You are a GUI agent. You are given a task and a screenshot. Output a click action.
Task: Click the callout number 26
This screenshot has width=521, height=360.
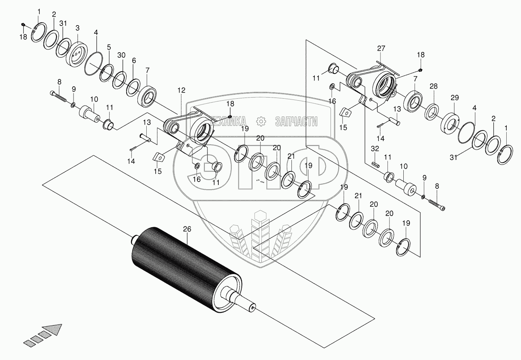click(187, 229)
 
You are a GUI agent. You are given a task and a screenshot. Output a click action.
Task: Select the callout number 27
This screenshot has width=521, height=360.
click(381, 48)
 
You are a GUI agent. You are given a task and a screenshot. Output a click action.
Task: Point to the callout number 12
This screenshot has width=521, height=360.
click(182, 90)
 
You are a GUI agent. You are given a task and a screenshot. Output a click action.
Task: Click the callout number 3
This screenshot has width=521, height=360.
click(77, 28)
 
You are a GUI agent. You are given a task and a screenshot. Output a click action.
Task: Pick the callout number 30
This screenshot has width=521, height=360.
click(122, 55)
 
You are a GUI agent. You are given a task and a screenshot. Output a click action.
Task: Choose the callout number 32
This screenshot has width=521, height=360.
click(375, 148)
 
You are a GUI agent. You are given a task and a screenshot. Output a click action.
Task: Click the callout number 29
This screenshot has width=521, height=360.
click(454, 98)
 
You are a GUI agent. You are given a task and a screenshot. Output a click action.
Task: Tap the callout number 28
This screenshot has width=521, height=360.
click(434, 86)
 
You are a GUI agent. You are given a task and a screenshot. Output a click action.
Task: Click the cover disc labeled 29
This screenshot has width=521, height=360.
click(450, 123)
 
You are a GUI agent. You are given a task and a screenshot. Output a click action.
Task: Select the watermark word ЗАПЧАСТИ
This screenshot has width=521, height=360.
click(296, 122)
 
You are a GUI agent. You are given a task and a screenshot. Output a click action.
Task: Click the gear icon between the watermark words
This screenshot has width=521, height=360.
click(262, 122)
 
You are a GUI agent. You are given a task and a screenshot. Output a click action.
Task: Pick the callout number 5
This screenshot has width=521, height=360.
click(109, 47)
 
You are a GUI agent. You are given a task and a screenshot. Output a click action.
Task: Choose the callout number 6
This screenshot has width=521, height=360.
click(134, 61)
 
